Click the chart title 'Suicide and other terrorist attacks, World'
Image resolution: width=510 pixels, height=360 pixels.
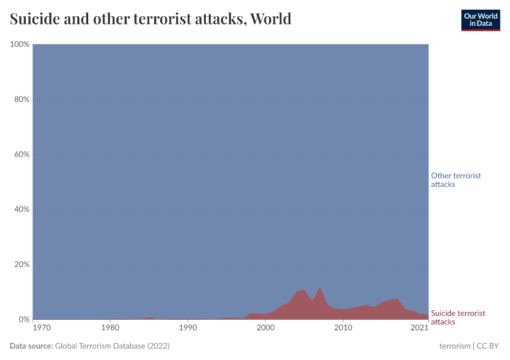(x=151, y=19)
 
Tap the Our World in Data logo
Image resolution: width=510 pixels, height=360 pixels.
(x=480, y=20)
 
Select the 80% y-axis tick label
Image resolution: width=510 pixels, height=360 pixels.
(x=21, y=100)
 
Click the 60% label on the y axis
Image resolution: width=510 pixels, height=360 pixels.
(x=21, y=154)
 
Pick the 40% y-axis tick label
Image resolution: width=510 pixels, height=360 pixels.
(x=21, y=209)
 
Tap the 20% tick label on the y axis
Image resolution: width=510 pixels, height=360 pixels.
(x=21, y=265)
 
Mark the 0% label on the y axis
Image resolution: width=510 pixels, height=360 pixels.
(x=23, y=319)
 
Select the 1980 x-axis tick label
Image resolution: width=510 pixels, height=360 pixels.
(x=110, y=328)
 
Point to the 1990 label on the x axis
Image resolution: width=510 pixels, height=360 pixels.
(x=188, y=328)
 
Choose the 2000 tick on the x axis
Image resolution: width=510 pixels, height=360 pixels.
(x=265, y=328)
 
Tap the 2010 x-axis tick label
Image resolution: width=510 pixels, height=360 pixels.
(x=343, y=328)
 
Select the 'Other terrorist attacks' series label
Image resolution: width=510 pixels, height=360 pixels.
(x=456, y=180)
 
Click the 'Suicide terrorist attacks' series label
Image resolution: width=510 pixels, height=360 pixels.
(x=458, y=317)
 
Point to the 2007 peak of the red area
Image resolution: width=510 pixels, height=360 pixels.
(x=320, y=287)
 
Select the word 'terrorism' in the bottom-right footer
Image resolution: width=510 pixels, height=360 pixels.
(x=455, y=346)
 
